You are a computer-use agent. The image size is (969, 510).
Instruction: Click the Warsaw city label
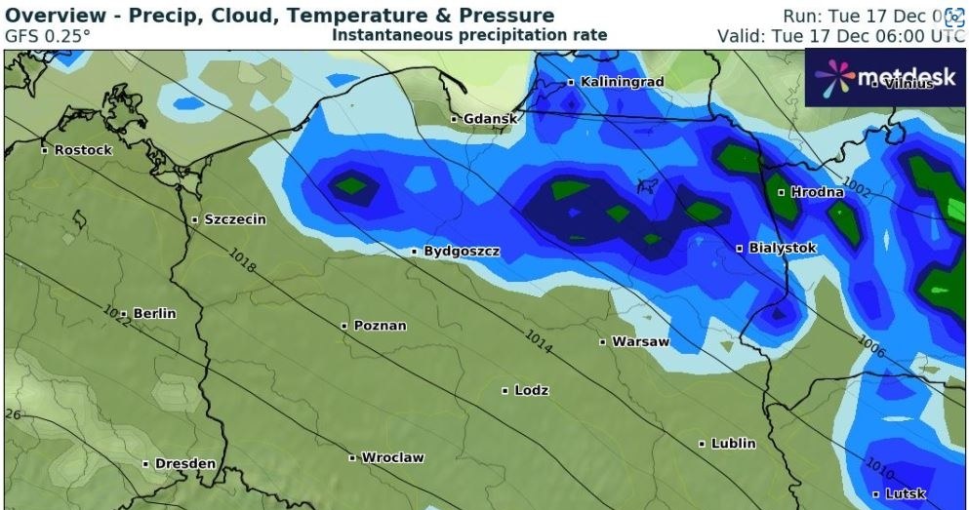coord(640,342)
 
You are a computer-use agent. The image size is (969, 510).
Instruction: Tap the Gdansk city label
coord(490,119)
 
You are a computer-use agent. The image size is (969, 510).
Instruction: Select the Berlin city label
coord(154,314)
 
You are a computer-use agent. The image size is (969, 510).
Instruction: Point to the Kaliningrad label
coord(622,82)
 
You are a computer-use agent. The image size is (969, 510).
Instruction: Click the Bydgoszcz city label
coord(462,252)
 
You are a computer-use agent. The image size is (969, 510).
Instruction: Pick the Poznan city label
coord(380,326)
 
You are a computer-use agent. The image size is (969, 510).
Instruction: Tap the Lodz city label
coord(531,391)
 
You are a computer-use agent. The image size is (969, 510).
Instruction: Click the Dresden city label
coord(183,464)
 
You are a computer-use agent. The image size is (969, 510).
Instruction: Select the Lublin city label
coord(733,444)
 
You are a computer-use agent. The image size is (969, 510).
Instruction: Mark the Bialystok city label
coord(782,249)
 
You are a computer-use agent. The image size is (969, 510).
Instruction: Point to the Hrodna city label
coord(816,193)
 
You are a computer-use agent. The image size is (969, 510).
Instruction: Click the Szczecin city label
coord(234,220)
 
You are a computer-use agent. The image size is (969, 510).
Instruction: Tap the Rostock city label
coord(83,151)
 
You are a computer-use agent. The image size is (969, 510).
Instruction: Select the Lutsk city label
coord(905,494)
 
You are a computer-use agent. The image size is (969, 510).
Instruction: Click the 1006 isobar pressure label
coord(871,345)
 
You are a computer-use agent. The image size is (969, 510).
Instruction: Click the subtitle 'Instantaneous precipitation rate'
coord(469,35)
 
